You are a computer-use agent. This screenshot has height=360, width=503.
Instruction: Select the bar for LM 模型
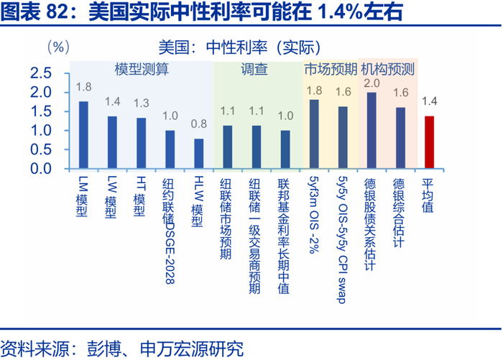pyautogui.click(x=83, y=135)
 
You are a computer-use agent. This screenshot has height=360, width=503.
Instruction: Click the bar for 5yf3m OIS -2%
pyautogui.click(x=314, y=134)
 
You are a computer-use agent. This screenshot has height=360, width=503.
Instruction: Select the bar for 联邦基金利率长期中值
pyautogui.click(x=285, y=149)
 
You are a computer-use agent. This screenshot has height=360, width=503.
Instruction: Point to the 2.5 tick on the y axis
pyautogui.click(x=41, y=73)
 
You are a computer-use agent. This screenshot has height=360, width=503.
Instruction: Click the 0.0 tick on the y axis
pyautogui.click(x=41, y=169)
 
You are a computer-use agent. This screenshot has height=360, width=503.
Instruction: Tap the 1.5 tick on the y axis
pyautogui.click(x=41, y=111)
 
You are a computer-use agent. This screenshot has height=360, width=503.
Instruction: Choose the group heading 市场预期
pyautogui.click(x=330, y=69)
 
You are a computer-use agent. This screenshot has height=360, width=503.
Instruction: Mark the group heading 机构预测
pyautogui.click(x=387, y=69)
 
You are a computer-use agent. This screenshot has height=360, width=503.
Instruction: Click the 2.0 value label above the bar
pyautogui.click(x=372, y=83)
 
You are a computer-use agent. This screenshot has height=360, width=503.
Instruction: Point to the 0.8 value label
pyautogui.click(x=199, y=124)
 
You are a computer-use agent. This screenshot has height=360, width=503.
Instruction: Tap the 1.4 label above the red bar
pyautogui.click(x=430, y=101)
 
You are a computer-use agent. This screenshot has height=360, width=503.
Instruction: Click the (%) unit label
pyautogui.click(x=58, y=47)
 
